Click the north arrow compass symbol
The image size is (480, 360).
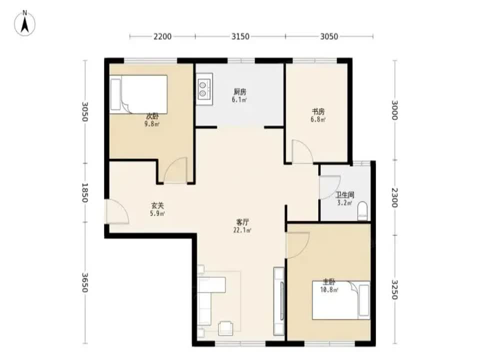(25, 23)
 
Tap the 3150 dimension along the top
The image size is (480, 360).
(240, 36)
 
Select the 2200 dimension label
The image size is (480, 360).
(162, 36)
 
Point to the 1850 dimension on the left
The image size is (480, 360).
(85, 192)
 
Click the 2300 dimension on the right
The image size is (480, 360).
(395, 197)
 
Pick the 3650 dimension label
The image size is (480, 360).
(85, 282)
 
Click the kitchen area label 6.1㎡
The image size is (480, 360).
(239, 100)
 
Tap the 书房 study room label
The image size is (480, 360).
(318, 111)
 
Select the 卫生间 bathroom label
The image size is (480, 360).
(345, 194)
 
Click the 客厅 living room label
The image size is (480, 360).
(242, 221)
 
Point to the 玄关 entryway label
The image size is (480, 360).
(157, 205)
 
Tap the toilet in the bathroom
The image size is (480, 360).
(363, 210)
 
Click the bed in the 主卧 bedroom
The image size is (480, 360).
(341, 300)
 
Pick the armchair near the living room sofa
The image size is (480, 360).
(226, 327)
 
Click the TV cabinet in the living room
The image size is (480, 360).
(279, 301)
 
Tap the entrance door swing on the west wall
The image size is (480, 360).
(116, 212)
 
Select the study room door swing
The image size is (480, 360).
(302, 151)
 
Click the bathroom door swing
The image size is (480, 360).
(329, 187)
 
